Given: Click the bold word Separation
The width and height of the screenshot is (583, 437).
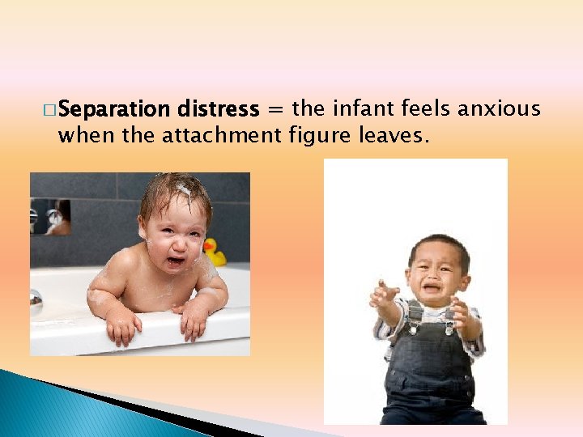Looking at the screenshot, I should point(113,109).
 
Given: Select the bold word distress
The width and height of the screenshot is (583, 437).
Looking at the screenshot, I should point(217,109).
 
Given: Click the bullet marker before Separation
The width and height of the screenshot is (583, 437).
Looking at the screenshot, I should point(50,110).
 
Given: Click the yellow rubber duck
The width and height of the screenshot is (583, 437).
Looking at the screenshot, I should point(215,252).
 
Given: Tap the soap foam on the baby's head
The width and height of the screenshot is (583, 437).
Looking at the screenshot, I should point(183,190).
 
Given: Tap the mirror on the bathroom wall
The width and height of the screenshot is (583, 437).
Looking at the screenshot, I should point(50,216).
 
